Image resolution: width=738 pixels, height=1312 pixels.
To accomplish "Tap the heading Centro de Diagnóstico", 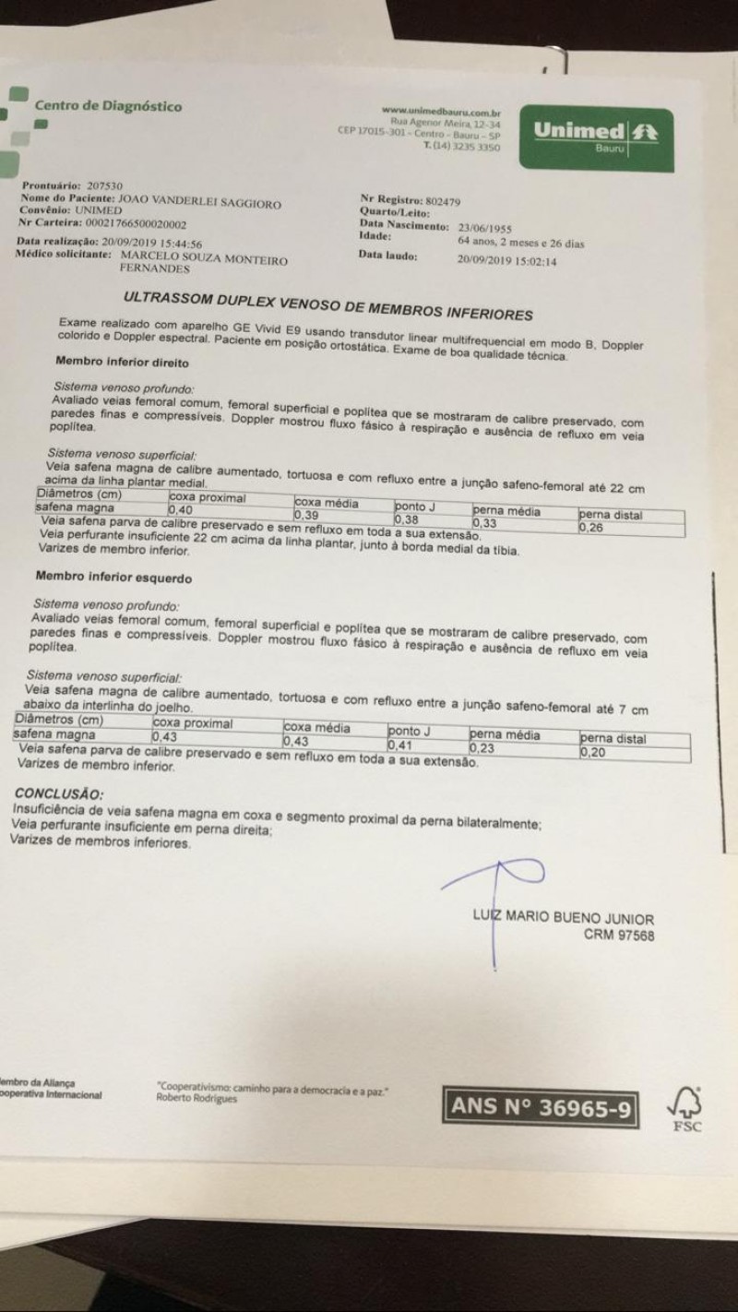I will click(x=108, y=105).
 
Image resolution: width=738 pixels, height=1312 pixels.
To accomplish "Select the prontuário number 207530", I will click(x=102, y=185).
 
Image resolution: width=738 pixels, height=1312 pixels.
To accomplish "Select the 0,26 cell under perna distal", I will click(x=590, y=529).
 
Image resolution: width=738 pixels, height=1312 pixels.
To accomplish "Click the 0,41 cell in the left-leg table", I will click(x=399, y=745).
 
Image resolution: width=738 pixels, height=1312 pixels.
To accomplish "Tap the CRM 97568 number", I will click(x=619, y=935).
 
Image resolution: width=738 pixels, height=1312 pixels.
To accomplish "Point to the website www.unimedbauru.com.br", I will click(x=440, y=112).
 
